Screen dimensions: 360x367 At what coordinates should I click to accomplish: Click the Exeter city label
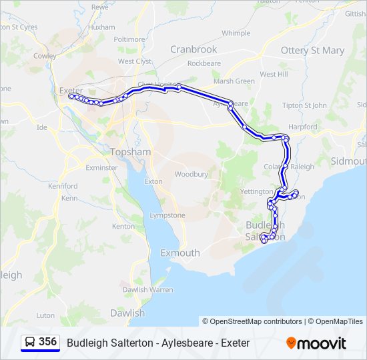click(71, 90)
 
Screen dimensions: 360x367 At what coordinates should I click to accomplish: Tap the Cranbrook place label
click(194, 49)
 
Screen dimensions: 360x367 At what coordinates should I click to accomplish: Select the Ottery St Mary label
click(312, 51)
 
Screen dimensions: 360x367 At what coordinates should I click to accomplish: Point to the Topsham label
click(130, 152)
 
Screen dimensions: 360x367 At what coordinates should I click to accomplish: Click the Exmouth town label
click(180, 253)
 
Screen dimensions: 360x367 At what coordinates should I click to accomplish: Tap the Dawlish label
click(127, 313)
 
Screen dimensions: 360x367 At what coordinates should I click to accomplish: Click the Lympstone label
click(167, 215)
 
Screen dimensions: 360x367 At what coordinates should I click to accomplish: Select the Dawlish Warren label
click(147, 290)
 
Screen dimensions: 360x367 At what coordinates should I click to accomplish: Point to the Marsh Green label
click(234, 81)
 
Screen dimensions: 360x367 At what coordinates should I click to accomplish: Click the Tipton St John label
click(304, 105)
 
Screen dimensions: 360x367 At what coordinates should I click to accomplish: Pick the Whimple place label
click(236, 33)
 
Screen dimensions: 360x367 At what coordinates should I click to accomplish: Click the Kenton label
click(124, 226)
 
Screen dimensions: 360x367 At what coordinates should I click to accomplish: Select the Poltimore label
click(129, 39)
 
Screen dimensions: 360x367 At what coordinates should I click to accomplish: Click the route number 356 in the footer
click(47, 342)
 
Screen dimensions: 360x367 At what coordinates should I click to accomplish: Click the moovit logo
click(316, 343)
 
